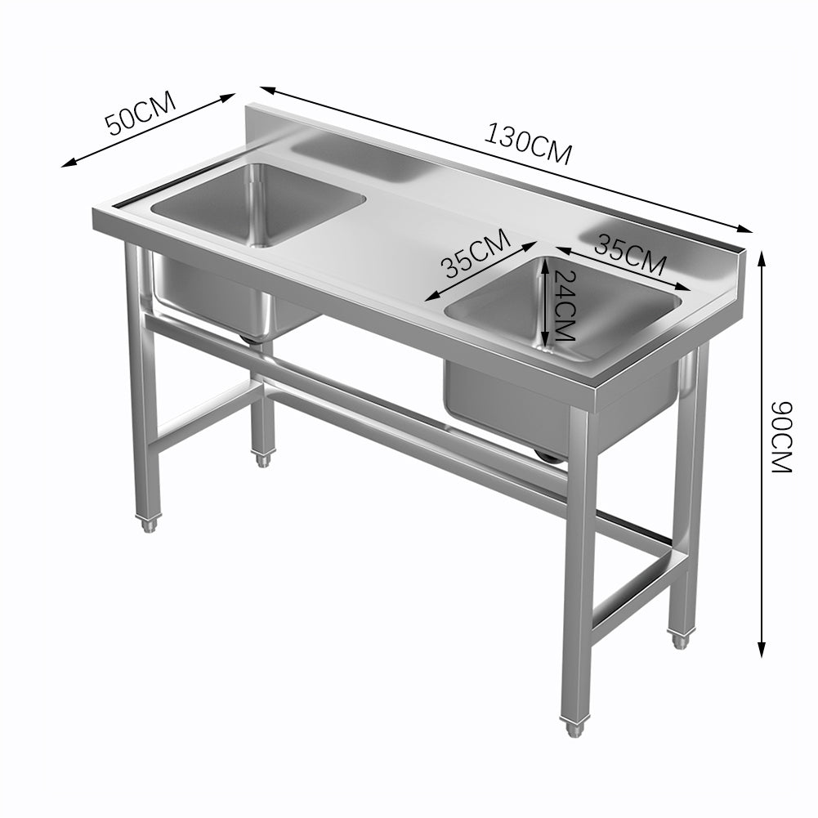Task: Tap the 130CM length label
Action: (528, 144)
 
